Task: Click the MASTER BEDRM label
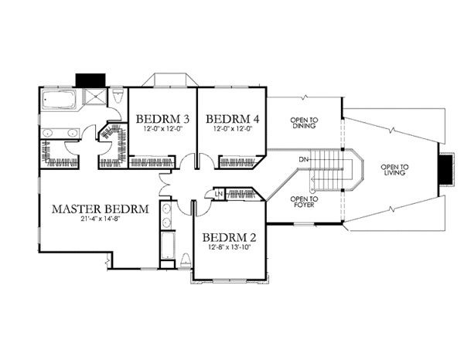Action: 101,209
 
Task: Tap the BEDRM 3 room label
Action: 162,119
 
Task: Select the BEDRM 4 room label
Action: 233,119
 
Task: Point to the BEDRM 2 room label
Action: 229,237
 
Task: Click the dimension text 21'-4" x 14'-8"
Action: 100,219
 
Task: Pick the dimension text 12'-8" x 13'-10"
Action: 229,247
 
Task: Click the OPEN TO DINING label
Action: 304,123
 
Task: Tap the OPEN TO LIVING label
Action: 394,170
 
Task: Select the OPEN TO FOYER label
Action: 304,202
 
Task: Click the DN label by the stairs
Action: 303,160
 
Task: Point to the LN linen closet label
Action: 219,194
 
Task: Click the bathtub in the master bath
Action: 59,100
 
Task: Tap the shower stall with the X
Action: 94,97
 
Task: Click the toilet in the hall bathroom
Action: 186,261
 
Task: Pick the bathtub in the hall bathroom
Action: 168,246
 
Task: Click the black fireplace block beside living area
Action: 445,169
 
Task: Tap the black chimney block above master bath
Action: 90,80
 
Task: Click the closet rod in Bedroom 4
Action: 238,162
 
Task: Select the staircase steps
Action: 326,169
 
